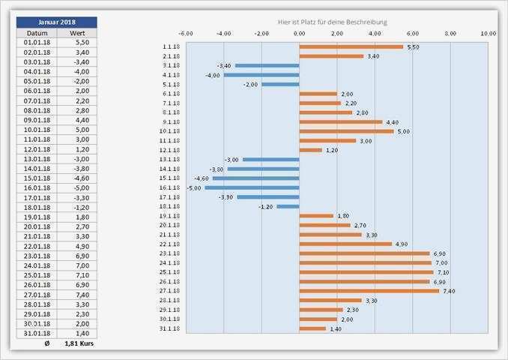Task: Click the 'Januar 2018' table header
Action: (56, 22)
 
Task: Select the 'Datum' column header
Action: (37, 33)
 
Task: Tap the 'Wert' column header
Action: (77, 33)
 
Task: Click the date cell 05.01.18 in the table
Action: (37, 81)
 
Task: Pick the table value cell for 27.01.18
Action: (82, 295)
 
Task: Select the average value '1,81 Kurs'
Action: (81, 343)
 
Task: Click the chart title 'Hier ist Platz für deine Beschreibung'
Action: (332, 22)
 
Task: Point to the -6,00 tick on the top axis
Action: (186, 34)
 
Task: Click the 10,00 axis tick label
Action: (488, 34)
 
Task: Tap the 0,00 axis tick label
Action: (299, 34)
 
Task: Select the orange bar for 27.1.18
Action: (369, 291)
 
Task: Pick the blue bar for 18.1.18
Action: (288, 206)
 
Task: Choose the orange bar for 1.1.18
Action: (351, 46)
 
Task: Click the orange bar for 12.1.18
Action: (310, 150)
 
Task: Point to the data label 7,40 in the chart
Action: (449, 291)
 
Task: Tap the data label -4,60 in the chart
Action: (202, 178)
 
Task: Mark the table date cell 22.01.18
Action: (37, 246)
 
